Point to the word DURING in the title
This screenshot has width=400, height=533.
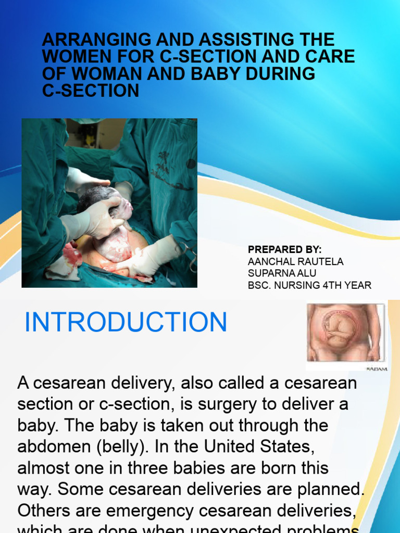282,74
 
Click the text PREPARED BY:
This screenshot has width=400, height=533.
285,250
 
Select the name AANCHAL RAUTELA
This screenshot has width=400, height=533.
296,262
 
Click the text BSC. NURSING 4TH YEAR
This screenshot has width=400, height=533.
309,285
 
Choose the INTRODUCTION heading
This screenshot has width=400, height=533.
126,322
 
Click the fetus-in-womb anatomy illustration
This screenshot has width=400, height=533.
345,333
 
